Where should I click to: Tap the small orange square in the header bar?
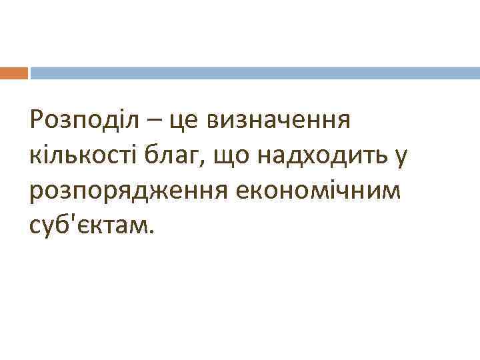[x=14, y=73]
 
